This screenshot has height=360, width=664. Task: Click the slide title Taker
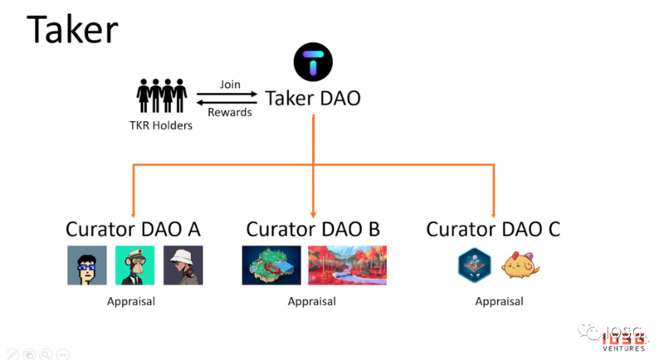click(x=71, y=30)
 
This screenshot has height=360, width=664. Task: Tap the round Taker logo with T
click(x=313, y=63)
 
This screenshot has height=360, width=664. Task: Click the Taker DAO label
click(x=312, y=99)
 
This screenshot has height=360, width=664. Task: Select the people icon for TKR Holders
click(x=161, y=95)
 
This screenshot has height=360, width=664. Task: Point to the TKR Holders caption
click(x=161, y=126)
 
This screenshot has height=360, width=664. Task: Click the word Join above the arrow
click(x=230, y=85)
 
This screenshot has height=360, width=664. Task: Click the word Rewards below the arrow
click(x=230, y=112)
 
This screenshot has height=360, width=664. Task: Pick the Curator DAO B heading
click(x=313, y=229)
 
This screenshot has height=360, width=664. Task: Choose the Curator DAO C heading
click(x=493, y=229)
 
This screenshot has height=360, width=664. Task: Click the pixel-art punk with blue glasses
click(x=87, y=265)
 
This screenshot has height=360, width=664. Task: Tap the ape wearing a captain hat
click(x=134, y=265)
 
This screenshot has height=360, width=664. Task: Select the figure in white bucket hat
click(x=183, y=265)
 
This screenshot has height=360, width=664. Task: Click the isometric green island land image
click(x=271, y=265)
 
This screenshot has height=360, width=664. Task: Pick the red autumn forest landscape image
click(x=347, y=265)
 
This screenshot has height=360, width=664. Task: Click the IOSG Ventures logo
click(x=618, y=338)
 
